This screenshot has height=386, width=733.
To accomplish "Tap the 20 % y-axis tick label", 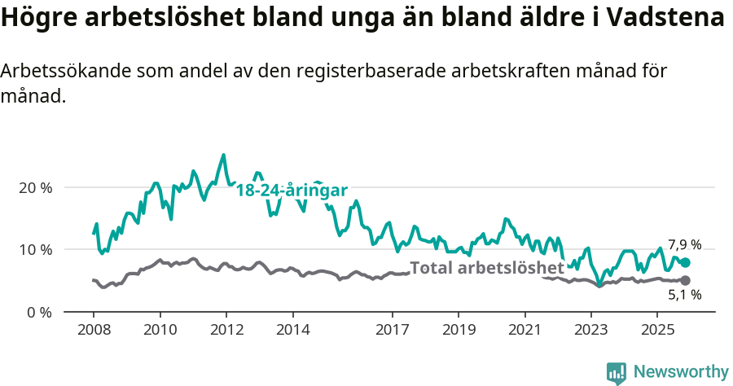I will pyautogui.click(x=35, y=187).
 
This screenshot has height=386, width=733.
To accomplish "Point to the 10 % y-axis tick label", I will pyautogui.click(x=35, y=250).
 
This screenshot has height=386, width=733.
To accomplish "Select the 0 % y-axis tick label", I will pyautogui.click(x=39, y=313).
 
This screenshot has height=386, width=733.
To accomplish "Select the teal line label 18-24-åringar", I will pyautogui.click(x=292, y=191).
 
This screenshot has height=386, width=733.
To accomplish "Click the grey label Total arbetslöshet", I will pyautogui.click(x=486, y=268).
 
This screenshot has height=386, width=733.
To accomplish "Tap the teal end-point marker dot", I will pyautogui.click(x=685, y=263).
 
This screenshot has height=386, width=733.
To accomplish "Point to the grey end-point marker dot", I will pyautogui.click(x=685, y=280).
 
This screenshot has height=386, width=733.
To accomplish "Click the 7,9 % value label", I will pyautogui.click(x=684, y=244).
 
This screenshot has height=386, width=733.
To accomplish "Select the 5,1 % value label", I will pyautogui.click(x=684, y=296).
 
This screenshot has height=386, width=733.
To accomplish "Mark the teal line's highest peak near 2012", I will pyautogui.click(x=224, y=155).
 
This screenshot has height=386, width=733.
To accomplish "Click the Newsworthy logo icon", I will pyautogui.click(x=617, y=373).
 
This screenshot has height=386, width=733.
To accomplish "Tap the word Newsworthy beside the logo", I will pyautogui.click(x=681, y=372).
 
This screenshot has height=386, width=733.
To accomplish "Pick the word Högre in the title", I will pyautogui.click(x=37, y=18).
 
